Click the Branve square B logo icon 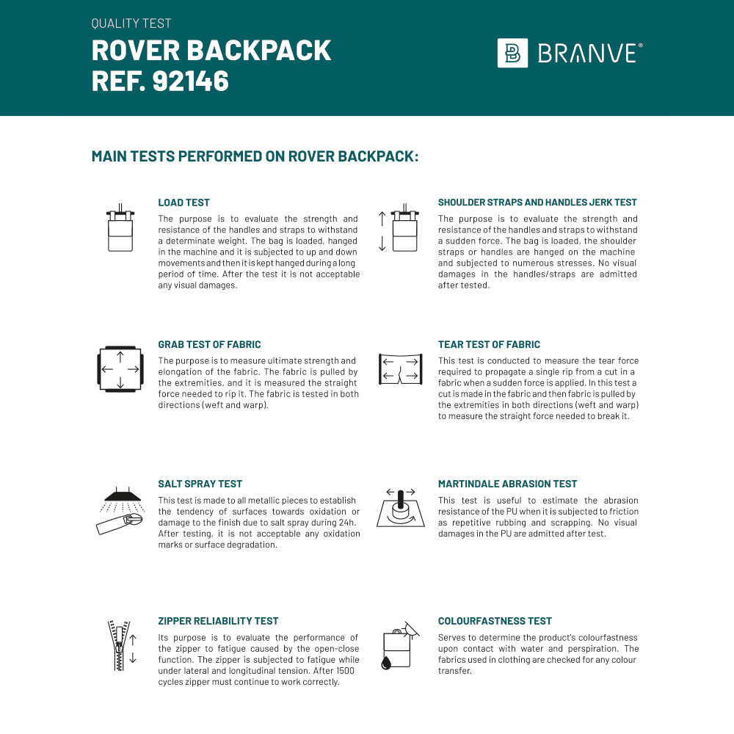[x=512, y=53]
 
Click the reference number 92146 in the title [x=191, y=81]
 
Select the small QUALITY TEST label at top [x=131, y=23]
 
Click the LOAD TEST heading [x=183, y=203]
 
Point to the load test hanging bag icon [x=120, y=228]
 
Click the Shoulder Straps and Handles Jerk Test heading [x=537, y=203]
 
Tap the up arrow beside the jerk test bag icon [x=382, y=218]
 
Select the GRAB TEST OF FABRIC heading [x=209, y=344]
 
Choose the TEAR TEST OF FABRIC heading [x=489, y=344]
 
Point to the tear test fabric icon [x=401, y=368]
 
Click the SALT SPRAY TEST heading [x=200, y=484]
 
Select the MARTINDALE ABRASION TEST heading [x=507, y=484]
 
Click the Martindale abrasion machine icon [x=401, y=507]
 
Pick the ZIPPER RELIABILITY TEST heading [x=218, y=621]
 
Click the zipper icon [x=117, y=645]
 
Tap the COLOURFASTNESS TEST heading [x=495, y=621]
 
